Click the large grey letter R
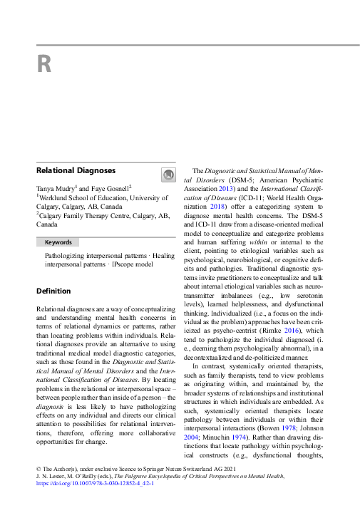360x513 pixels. tap(44, 65)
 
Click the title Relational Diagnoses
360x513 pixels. tap(76, 171)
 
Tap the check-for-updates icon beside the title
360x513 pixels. tap(168, 175)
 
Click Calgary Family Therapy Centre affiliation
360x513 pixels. tap(93, 214)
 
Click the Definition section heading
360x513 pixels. tap(53, 291)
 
